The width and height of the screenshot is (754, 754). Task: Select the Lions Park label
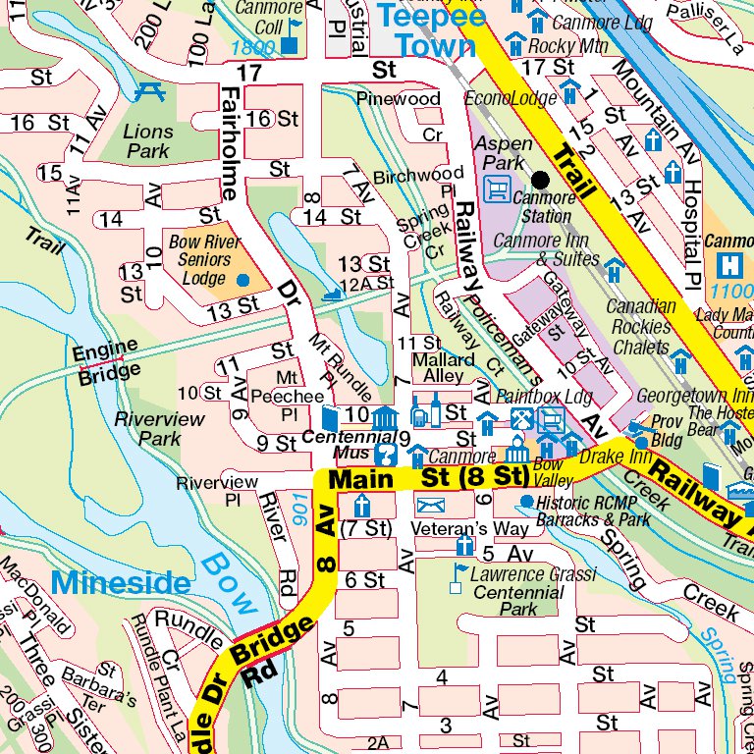(148, 141)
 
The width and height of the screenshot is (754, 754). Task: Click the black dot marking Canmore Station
(540, 179)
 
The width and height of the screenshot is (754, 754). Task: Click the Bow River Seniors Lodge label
(204, 259)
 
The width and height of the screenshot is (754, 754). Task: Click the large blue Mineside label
(121, 582)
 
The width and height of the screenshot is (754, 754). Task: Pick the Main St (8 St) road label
(428, 479)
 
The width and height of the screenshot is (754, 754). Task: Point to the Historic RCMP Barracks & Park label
(593, 511)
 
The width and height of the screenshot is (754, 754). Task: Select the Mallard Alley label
(438, 368)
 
